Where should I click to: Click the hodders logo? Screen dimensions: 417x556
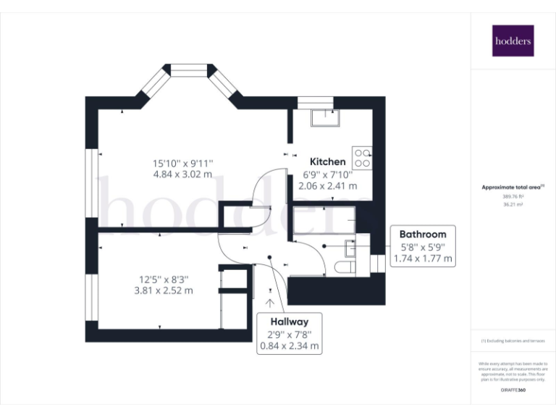513,41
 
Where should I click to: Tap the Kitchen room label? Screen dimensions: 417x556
328,161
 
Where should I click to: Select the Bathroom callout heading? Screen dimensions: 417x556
423,234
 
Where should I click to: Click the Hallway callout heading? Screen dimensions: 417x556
290,322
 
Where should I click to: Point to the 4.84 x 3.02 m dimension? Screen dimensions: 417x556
182,174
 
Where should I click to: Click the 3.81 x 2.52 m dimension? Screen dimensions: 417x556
164,290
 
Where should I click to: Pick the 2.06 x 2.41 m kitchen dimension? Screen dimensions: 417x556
328,186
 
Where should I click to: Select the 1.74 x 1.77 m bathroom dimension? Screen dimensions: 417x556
423,258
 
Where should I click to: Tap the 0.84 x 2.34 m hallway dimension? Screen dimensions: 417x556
290,346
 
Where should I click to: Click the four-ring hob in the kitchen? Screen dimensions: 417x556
362,158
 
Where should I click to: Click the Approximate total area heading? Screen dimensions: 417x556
512,187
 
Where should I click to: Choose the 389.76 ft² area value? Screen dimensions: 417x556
512,196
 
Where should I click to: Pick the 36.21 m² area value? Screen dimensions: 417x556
512,205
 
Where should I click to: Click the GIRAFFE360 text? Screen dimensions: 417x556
512,390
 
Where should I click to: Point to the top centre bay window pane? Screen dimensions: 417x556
190,70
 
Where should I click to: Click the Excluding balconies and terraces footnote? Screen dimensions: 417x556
512,341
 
